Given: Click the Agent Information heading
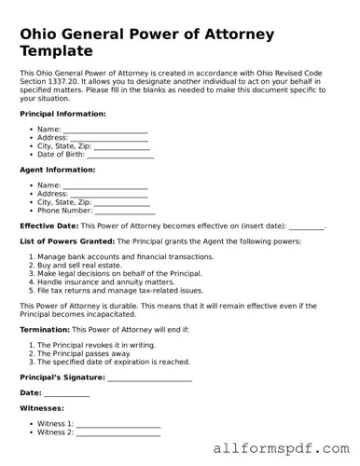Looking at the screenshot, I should pyautogui.click(x=57, y=170).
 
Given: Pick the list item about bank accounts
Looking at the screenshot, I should pyautogui.click(x=125, y=256).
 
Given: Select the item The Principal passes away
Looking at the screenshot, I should pyautogui.click(x=84, y=353).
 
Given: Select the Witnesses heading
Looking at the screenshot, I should pyautogui.click(x=42, y=408).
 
